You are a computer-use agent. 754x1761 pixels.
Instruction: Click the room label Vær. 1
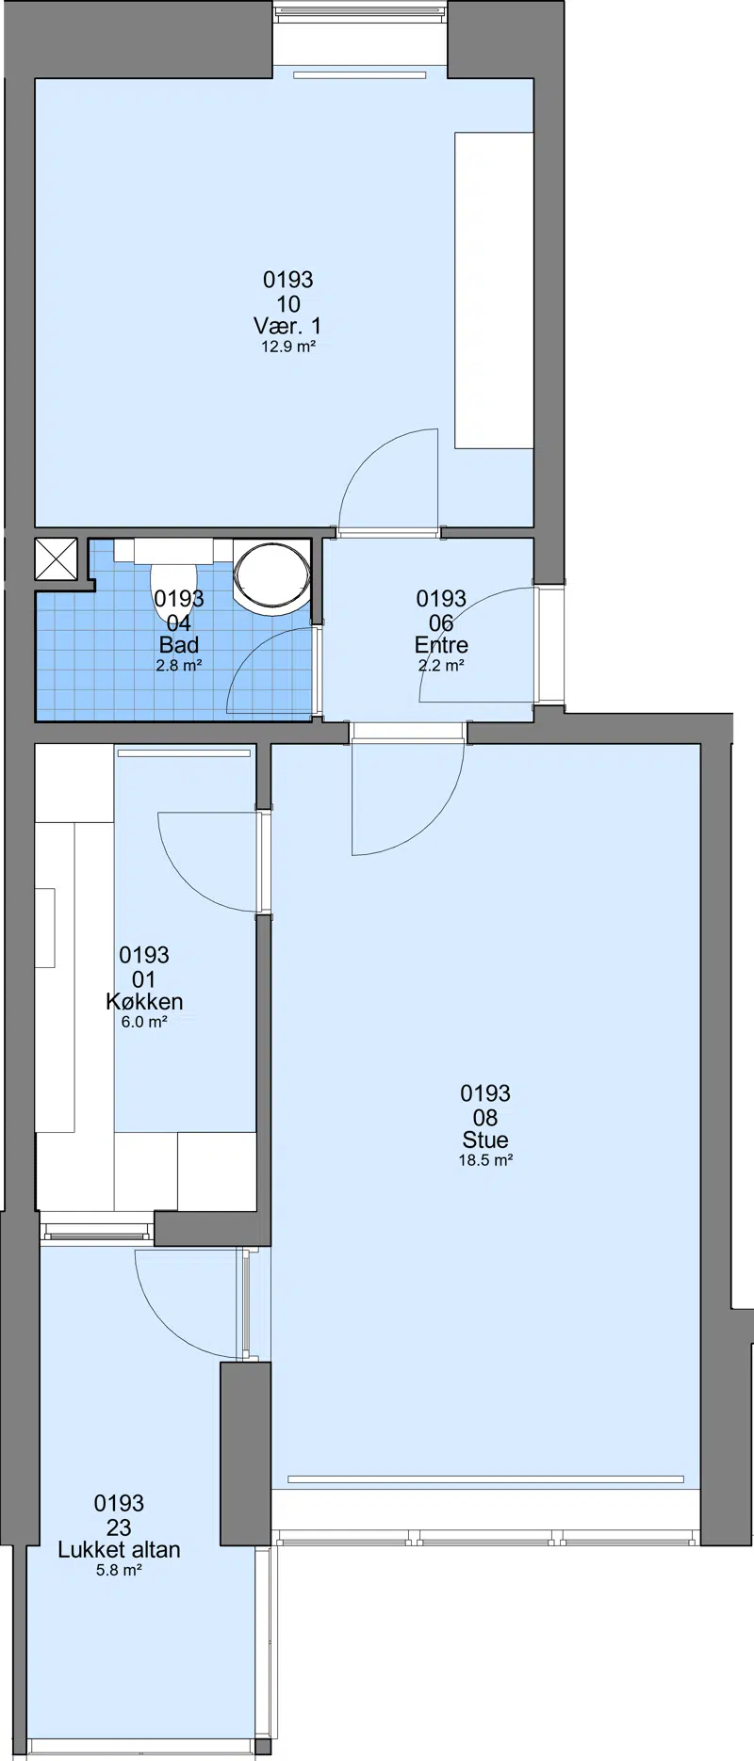[287, 326]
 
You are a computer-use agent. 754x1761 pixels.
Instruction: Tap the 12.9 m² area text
[287, 347]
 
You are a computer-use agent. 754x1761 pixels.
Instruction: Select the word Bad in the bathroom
[179, 645]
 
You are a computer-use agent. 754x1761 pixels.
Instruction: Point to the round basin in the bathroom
[271, 576]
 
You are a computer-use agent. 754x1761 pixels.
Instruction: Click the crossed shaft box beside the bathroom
[56, 558]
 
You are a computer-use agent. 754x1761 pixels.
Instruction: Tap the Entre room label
[441, 645]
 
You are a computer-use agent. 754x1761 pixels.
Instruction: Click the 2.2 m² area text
[441, 666]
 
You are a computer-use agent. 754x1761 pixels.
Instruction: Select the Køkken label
[144, 1001]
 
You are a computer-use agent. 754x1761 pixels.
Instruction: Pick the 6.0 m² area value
[144, 1022]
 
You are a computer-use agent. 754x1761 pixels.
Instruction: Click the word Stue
[485, 1139]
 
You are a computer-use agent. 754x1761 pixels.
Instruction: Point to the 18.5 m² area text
[485, 1160]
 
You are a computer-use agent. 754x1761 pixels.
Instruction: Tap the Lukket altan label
[119, 1549]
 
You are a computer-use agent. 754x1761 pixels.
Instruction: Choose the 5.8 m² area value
[119, 1570]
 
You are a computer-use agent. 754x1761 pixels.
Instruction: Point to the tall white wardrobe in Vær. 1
[494, 290]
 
